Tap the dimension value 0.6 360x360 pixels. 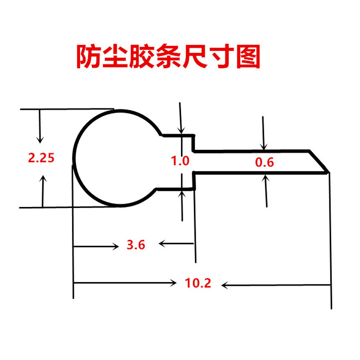pyautogui.click(x=264, y=162)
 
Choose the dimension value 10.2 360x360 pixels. pyautogui.click(x=198, y=283)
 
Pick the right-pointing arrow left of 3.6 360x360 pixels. pyautogui.click(x=97, y=246)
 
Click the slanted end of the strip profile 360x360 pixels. pyautogui.click(x=319, y=161)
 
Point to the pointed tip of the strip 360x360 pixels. pyautogui.click(x=328, y=171)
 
